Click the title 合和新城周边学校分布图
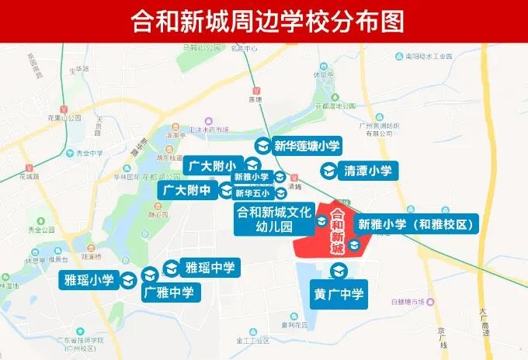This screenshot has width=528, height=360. [x=264, y=21]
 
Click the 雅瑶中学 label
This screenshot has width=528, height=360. [x=209, y=268]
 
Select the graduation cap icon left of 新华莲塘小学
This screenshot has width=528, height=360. [x=262, y=146]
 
